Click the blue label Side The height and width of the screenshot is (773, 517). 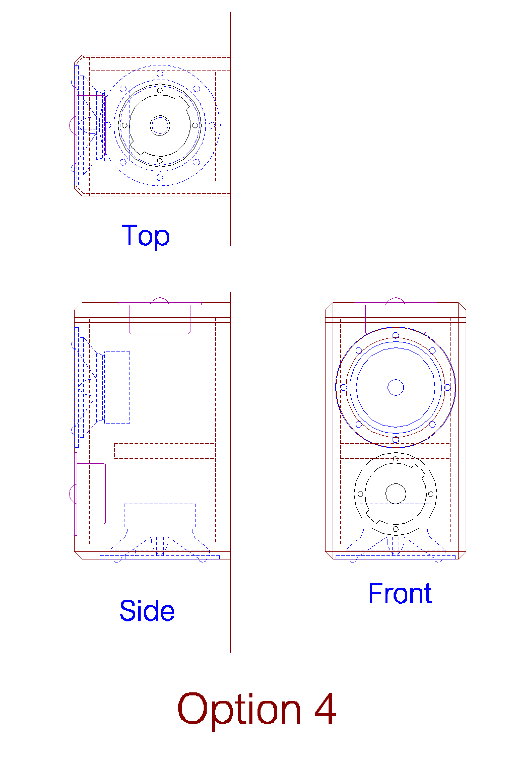(147, 611)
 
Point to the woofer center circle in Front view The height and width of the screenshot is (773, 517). (396, 387)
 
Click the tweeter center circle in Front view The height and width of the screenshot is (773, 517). (396, 494)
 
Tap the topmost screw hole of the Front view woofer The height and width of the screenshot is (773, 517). (396, 335)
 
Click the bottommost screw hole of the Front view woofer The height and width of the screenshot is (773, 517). (396, 439)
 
